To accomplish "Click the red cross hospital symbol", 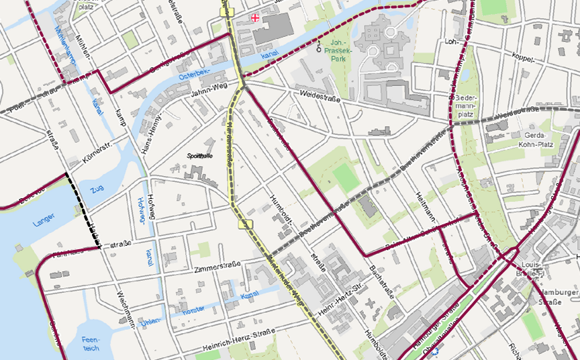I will tap(254, 17).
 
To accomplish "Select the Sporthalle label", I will tap(203, 155).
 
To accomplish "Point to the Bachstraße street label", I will tap(382, 281).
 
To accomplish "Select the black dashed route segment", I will tap(83, 210).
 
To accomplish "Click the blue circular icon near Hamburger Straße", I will tap(437, 351).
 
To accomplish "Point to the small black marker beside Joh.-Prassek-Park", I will tap(319, 47).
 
